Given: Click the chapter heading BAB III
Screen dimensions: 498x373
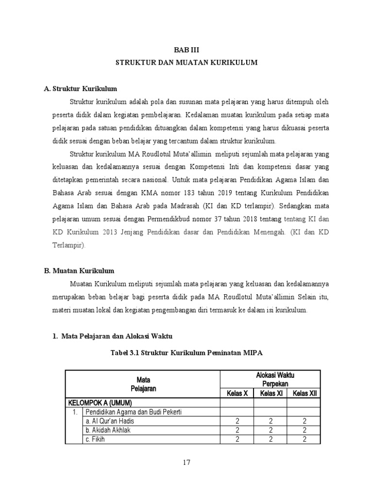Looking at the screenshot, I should [x=186, y=50].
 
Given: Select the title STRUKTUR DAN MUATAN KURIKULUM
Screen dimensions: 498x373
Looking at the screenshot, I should [x=186, y=63].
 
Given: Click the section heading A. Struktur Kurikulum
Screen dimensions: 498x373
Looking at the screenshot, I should [x=81, y=89].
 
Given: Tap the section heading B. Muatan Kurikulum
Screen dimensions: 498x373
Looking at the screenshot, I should [x=79, y=270].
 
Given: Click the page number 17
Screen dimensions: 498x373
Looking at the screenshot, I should [x=186, y=462].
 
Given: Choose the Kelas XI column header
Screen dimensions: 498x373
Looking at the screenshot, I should [x=271, y=393].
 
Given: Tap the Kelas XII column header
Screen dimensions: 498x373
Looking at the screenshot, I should [x=304, y=393].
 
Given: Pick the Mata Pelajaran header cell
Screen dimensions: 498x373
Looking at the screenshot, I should [x=142, y=384].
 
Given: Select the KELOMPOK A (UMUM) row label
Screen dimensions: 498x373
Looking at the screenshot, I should [x=101, y=403].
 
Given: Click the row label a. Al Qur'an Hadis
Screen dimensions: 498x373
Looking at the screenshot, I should [x=109, y=421].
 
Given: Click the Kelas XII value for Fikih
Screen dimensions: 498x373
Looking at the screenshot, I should [x=304, y=440].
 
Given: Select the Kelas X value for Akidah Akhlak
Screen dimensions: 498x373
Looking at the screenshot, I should [x=237, y=430].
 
